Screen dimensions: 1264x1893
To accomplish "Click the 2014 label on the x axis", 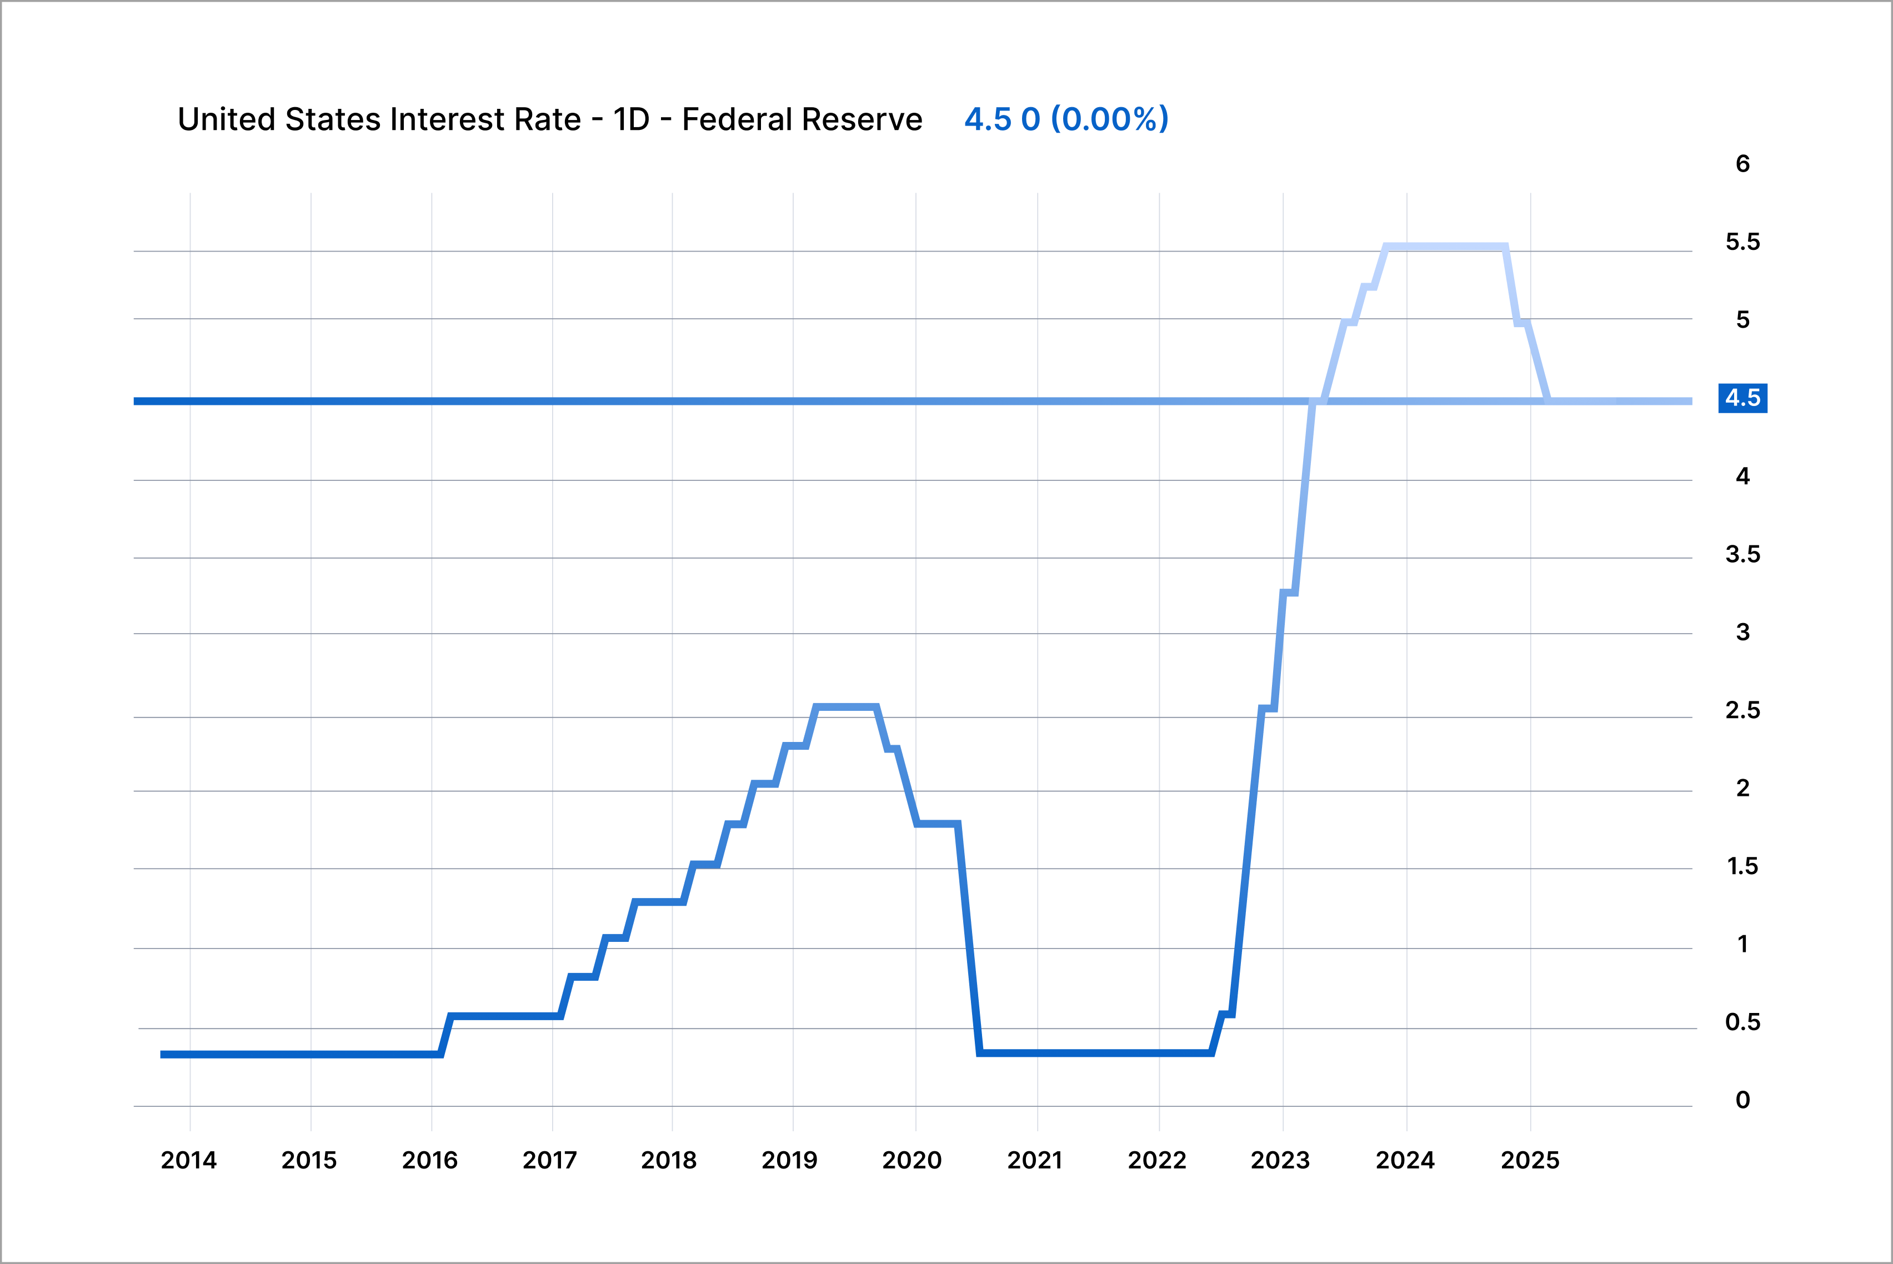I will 189,1160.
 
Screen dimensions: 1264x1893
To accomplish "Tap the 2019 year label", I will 789,1160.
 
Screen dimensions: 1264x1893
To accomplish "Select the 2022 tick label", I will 1157,1160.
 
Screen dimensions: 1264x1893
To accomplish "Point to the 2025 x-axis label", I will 1529,1160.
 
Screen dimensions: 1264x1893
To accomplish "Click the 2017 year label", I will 550,1160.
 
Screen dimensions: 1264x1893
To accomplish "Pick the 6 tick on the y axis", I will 1742,164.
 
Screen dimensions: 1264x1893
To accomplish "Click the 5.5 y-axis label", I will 1742,242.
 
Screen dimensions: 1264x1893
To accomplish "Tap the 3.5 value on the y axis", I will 1742,555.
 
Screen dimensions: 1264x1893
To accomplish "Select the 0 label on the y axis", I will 1742,1100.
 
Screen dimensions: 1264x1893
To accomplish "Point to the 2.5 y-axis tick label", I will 1742,710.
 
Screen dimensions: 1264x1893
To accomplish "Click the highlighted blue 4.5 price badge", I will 1742,398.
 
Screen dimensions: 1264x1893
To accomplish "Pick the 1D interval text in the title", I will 630,119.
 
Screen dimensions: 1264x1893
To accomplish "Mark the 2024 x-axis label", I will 1404,1160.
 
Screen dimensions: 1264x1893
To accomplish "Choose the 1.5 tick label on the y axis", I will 1742,866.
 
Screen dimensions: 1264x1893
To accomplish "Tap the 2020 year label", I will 912,1160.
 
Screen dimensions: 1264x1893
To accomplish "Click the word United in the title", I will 227,119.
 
